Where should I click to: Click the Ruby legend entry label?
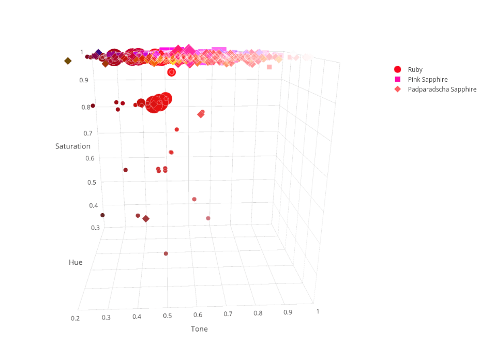pos(415,69)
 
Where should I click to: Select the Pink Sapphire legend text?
pos(427,79)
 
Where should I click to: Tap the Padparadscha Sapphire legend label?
pos(442,89)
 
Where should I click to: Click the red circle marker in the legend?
pos(398,69)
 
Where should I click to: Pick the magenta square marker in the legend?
pos(398,79)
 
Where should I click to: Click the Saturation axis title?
pos(73,146)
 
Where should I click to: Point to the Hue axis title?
pos(76,262)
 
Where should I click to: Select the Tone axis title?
pos(199,329)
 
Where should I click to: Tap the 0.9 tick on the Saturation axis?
pos(84,80)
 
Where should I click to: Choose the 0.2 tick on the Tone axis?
pos(76,318)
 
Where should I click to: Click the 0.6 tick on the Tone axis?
pos(198,314)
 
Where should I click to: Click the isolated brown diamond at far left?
pos(68,61)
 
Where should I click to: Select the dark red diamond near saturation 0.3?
pos(146,219)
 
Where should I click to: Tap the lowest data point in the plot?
pos(166,253)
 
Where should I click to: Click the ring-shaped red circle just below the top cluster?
pos(172,72)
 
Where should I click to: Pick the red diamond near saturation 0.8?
pos(201,114)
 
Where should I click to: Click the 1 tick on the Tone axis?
pos(317,311)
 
